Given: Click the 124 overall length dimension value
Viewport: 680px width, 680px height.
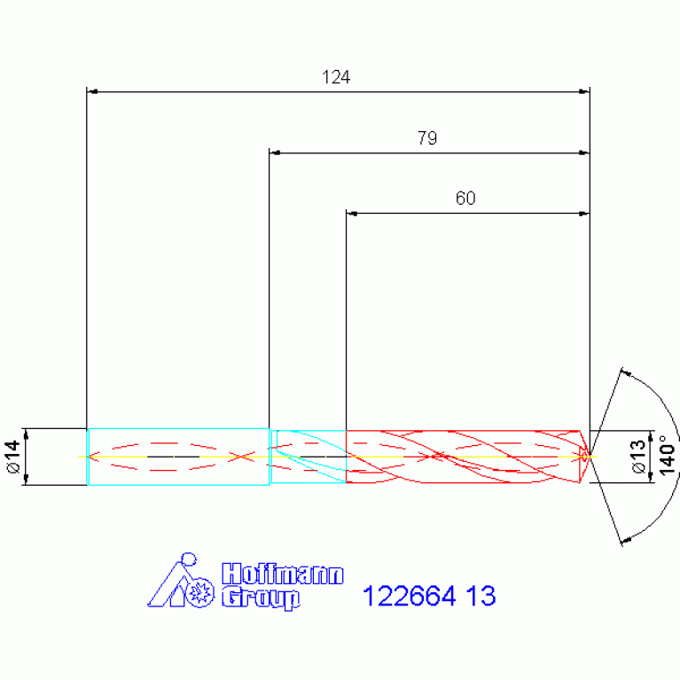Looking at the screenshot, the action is (336, 77).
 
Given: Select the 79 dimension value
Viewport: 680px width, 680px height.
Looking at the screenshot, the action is (427, 138).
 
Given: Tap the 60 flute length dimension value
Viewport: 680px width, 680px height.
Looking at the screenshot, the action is (465, 199).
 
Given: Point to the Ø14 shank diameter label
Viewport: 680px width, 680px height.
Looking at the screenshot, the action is (13, 457).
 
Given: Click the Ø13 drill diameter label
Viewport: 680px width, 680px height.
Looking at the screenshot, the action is (639, 457).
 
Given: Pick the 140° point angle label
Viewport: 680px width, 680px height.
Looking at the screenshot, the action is (668, 456).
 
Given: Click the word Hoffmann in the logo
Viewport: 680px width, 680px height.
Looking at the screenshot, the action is (283, 574).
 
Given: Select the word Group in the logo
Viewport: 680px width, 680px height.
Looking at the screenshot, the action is (261, 598).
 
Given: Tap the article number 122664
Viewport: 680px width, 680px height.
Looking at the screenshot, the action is (410, 596).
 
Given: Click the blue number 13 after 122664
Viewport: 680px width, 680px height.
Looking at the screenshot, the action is (481, 596).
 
